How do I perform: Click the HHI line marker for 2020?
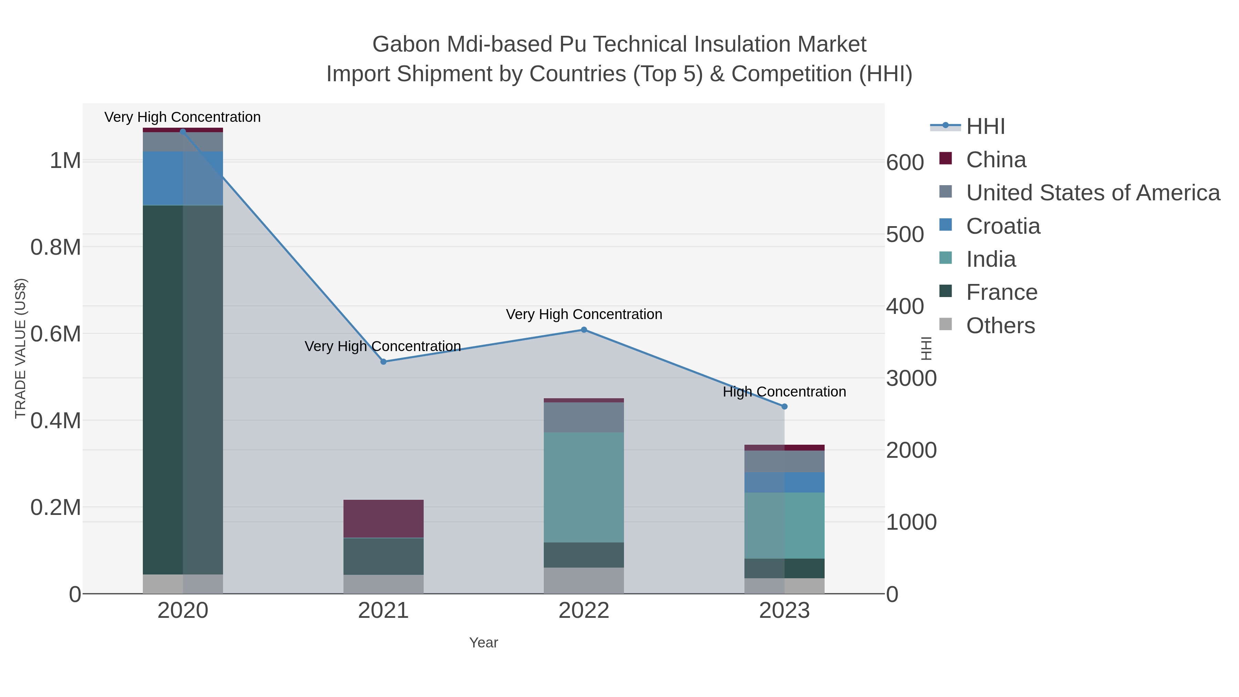coord(183,131)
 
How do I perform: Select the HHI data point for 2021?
coord(383,362)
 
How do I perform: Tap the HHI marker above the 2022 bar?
coord(584,330)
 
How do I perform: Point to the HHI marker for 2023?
coord(784,407)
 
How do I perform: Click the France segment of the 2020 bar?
coord(183,390)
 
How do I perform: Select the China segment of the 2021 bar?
coord(383,519)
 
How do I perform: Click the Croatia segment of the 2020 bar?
coord(183,178)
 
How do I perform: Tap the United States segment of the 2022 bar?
coord(584,417)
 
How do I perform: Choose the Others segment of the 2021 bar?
coord(383,584)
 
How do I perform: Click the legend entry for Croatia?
coord(1003,226)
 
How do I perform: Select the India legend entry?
coord(991,259)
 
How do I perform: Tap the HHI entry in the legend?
coord(985,127)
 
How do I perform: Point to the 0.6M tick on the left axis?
coord(55,334)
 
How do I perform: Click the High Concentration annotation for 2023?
coord(784,392)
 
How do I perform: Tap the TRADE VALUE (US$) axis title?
coord(20,348)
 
